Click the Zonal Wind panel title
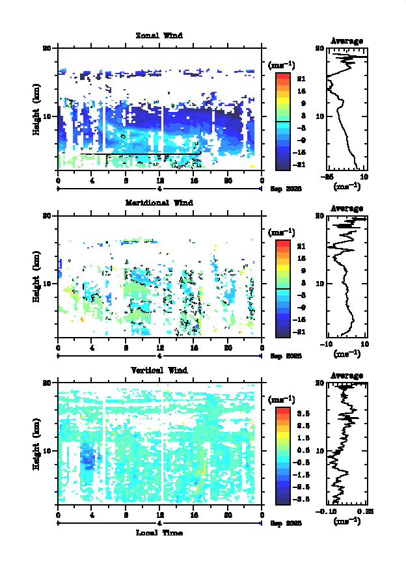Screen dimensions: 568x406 159,35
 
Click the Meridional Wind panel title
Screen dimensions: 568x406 159,202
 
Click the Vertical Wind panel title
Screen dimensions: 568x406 159,370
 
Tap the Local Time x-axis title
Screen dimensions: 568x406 159,533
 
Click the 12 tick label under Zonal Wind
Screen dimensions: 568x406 159,180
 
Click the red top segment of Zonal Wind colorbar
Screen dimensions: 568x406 282,77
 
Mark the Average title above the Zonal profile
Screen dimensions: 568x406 347,41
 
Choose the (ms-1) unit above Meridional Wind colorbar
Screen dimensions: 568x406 282,232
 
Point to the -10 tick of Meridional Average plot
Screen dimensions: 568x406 329,344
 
